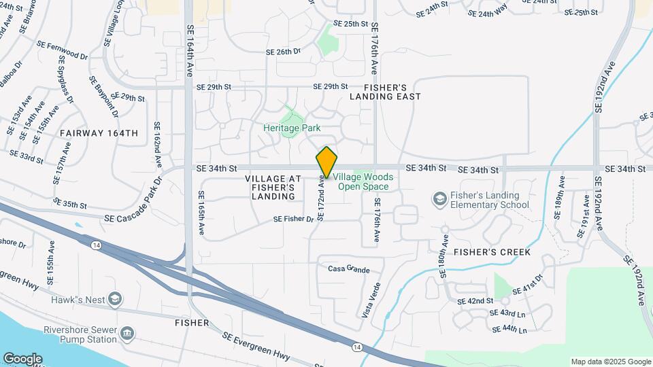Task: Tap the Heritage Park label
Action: click(292, 128)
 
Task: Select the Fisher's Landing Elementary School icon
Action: click(439, 198)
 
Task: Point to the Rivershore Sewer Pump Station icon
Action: click(127, 333)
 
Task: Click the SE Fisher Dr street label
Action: click(293, 219)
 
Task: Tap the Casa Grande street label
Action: click(349, 269)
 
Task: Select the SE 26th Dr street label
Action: click(283, 52)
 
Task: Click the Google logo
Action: click(22, 359)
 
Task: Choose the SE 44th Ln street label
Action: click(509, 330)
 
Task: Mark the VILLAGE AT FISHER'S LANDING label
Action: click(271, 187)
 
